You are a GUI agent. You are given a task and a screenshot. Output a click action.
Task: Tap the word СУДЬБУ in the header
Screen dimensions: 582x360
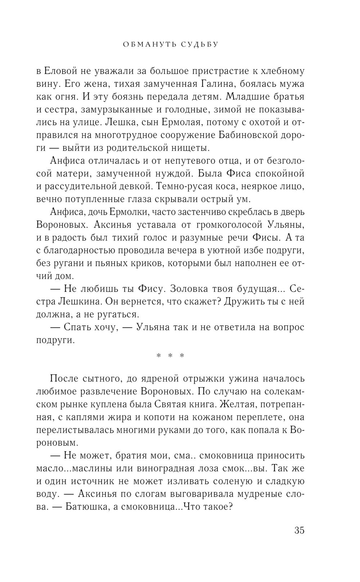[199, 45]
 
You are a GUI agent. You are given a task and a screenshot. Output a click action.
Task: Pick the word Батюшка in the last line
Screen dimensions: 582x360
[85, 507]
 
